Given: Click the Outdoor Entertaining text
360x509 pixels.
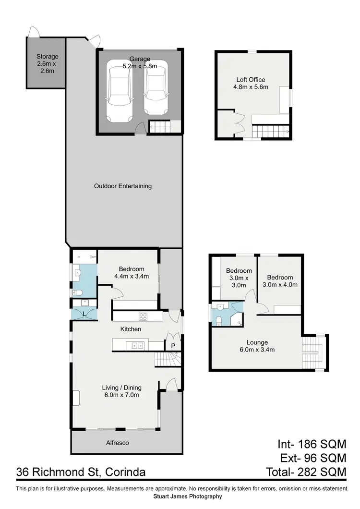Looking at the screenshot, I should point(123,186).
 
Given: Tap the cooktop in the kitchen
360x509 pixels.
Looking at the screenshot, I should point(143,316).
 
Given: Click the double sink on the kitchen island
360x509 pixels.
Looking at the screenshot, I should point(134,345).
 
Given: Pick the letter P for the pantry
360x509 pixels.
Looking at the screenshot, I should point(172,346).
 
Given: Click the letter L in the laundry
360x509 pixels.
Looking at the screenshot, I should point(84,314).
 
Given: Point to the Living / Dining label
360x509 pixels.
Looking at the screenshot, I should point(122,391).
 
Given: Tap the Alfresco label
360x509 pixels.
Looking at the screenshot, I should point(118,443).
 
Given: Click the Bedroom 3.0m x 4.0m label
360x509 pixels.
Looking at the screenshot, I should point(280,281).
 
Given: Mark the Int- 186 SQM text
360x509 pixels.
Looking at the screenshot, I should point(312,444).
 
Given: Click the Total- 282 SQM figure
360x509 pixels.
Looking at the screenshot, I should point(306,472).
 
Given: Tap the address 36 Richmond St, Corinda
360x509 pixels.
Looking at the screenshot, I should point(81,472).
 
